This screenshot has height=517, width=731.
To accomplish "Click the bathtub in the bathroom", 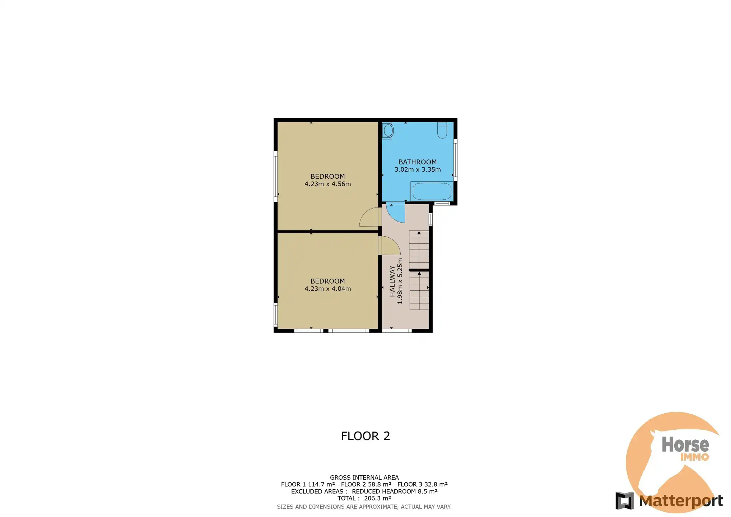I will pos(431,191).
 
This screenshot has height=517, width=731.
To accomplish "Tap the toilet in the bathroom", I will pos(442,130).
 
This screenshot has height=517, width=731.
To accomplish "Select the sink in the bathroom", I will pos(388,131).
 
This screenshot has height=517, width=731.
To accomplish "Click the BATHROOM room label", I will pos(417,162).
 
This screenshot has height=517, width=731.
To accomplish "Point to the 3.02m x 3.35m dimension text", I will pos(417,169).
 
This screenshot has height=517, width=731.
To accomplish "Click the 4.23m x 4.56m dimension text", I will pos(327,184).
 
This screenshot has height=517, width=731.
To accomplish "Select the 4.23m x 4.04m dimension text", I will pos(327,289).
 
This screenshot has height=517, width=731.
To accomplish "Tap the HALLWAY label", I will pos(392,281).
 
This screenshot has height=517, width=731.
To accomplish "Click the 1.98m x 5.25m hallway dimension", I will pos(400,281).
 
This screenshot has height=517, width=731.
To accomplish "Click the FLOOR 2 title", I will pos(365,436).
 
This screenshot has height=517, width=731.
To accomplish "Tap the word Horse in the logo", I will pos(685,444).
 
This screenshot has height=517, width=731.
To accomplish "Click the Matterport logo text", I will pos(681,501).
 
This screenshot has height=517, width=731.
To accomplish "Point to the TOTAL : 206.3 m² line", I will pos(364,498).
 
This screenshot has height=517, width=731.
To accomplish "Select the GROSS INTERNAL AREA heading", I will pos(364,478).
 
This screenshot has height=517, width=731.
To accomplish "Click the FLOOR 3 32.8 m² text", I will pos(422,484).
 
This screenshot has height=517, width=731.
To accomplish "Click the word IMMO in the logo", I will pos(694,457).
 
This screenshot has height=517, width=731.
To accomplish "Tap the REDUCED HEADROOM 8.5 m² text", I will pos(394,492).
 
